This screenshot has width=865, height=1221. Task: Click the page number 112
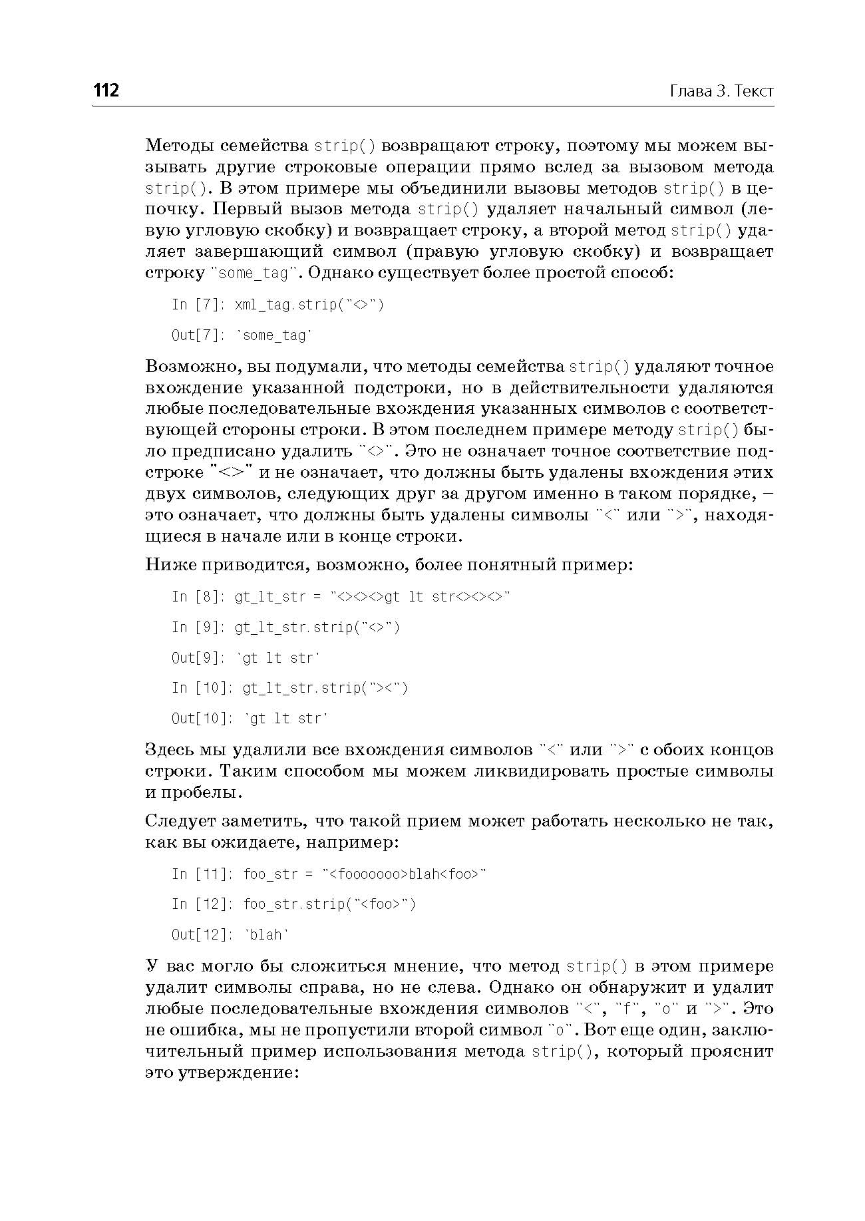[x=106, y=90]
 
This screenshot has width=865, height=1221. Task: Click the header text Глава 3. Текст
[x=721, y=91]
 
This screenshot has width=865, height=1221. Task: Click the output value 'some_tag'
[x=275, y=335]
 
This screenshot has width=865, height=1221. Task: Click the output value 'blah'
[x=267, y=935]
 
